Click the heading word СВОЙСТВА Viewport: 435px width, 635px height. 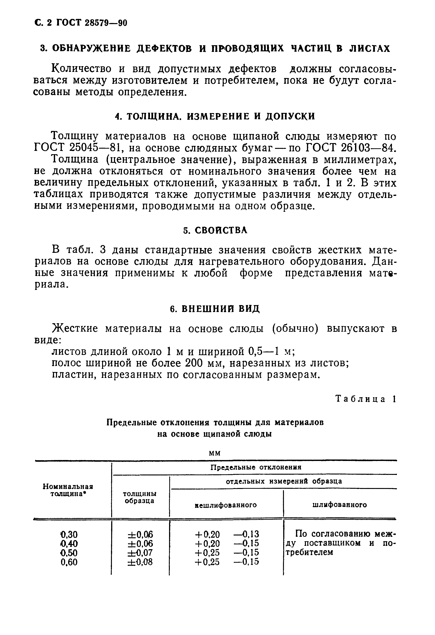(x=221, y=230)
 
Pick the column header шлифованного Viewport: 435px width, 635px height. (x=339, y=505)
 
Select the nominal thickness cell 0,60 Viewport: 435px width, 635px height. (x=69, y=562)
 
